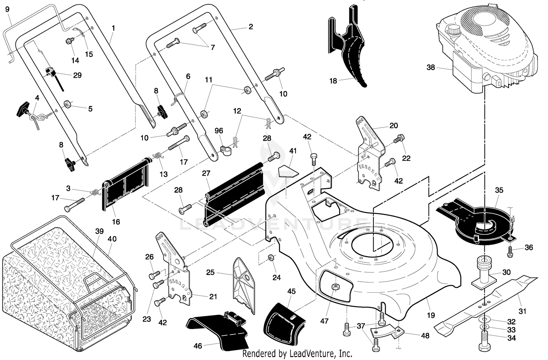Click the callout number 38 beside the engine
[431, 67]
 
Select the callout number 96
[219, 131]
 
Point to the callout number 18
[333, 81]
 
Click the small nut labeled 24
[271, 258]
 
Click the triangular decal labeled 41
[288, 171]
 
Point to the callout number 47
[324, 321]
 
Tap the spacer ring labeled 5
[67, 105]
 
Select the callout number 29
[77, 75]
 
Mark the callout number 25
[210, 272]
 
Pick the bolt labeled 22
[399, 139]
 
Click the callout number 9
[7, 9]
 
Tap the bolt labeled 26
[154, 275]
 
